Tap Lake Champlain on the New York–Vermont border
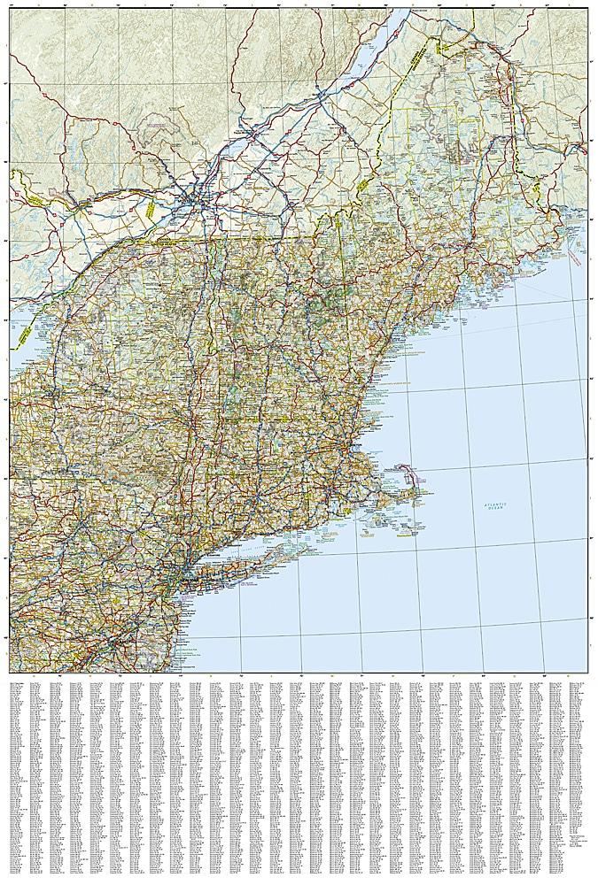click(x=210, y=292)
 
